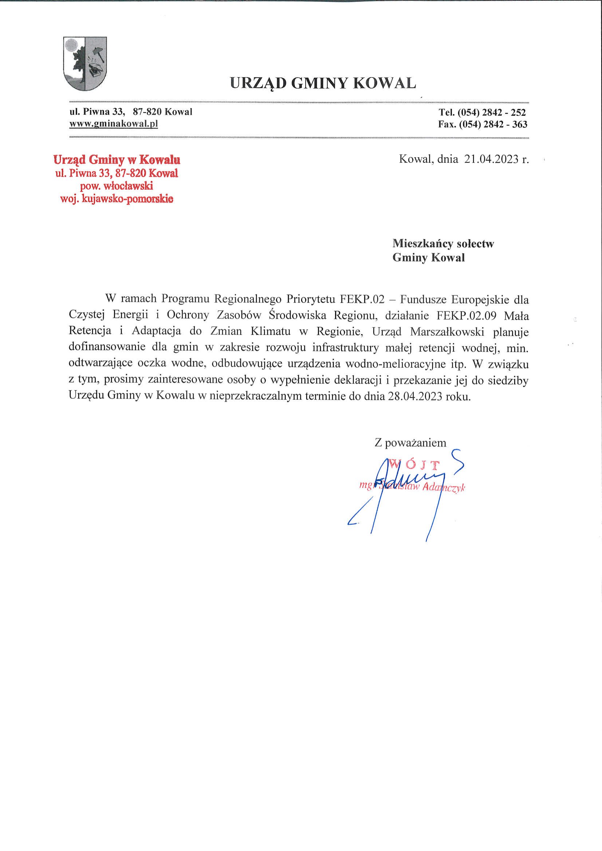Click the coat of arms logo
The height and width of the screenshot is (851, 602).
[85, 64]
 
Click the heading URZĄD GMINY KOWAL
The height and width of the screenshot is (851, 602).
[323, 83]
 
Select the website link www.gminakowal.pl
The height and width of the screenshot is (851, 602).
[114, 124]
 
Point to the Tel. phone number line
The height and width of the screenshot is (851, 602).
[482, 112]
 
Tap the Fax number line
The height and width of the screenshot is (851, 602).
[482, 124]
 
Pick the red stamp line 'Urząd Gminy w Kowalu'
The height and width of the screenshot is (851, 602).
[117, 160]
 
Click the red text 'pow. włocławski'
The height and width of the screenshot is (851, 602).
[117, 186]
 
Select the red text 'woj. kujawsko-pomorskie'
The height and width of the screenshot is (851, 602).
[117, 199]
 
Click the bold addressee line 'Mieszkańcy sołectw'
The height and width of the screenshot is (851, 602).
[443, 244]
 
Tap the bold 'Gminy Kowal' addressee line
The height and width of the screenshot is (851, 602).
[428, 257]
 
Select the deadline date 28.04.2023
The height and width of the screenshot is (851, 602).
[415, 396]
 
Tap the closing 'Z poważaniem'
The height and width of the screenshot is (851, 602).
[410, 442]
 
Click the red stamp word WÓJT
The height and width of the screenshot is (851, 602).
[415, 464]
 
